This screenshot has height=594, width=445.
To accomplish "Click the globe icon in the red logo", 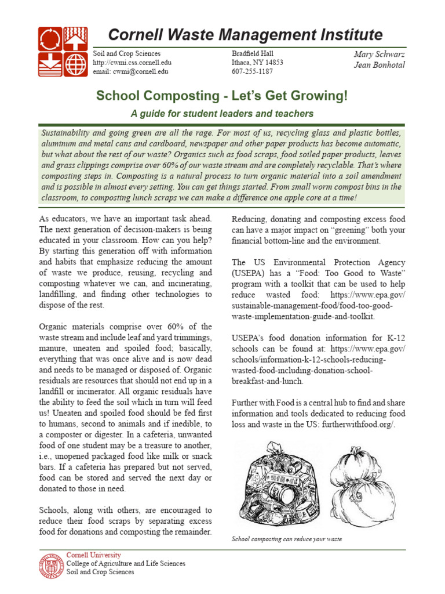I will tap(75, 65).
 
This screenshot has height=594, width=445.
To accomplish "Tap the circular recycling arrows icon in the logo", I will tap(49, 39).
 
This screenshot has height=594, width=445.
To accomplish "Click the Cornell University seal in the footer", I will tap(51, 566).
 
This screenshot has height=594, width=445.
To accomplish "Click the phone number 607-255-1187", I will tap(253, 71).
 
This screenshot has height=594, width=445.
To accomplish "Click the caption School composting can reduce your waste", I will tap(286, 539).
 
